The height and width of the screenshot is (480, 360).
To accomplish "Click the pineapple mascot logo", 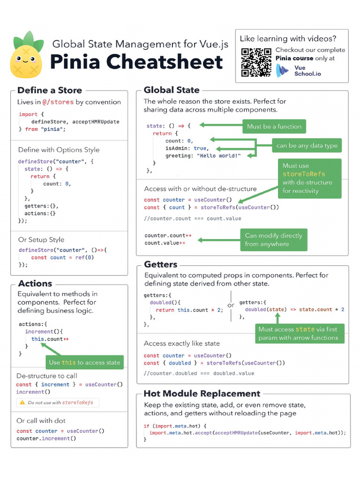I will (x=26, y=55).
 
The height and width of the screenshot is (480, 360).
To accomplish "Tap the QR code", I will (x=256, y=62).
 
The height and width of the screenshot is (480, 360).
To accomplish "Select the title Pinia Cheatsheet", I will (x=136, y=62).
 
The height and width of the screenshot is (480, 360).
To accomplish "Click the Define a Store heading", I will (x=50, y=90).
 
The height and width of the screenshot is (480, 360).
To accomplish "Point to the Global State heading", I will (x=172, y=90).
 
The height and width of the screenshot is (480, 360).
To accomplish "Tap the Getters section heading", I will (x=160, y=264).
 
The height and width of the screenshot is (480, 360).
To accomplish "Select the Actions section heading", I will (x=35, y=284).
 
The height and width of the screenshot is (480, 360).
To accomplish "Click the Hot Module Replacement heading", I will (x=202, y=394).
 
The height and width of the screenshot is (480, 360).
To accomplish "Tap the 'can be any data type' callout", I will (x=307, y=145).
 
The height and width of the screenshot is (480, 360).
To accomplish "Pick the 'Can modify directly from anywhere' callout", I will (x=273, y=240).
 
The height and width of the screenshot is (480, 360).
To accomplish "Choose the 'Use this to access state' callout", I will (x=84, y=362).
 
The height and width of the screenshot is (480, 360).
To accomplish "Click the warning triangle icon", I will (x=22, y=403).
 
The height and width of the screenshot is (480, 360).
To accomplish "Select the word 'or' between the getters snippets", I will (x=231, y=305).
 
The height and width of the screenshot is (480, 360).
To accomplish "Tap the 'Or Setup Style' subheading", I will (x=41, y=240).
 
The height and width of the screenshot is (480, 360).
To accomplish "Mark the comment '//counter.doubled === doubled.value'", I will (x=199, y=373).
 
